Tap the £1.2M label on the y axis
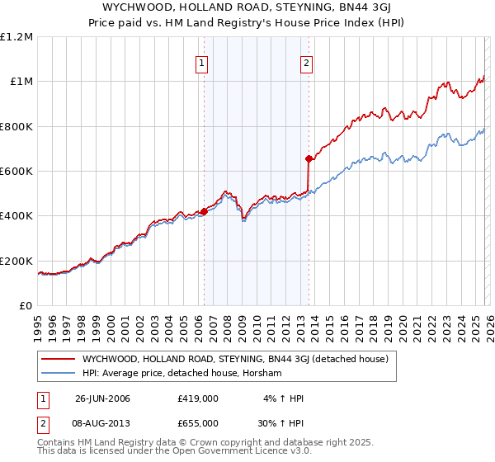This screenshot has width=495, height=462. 16,37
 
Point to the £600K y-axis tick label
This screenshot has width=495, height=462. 16,172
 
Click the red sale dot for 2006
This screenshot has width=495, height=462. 204,211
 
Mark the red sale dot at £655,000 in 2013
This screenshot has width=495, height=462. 308,158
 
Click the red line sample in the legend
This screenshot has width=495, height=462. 58,359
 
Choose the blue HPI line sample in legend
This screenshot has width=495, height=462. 58,373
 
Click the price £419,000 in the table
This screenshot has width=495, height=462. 196,398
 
